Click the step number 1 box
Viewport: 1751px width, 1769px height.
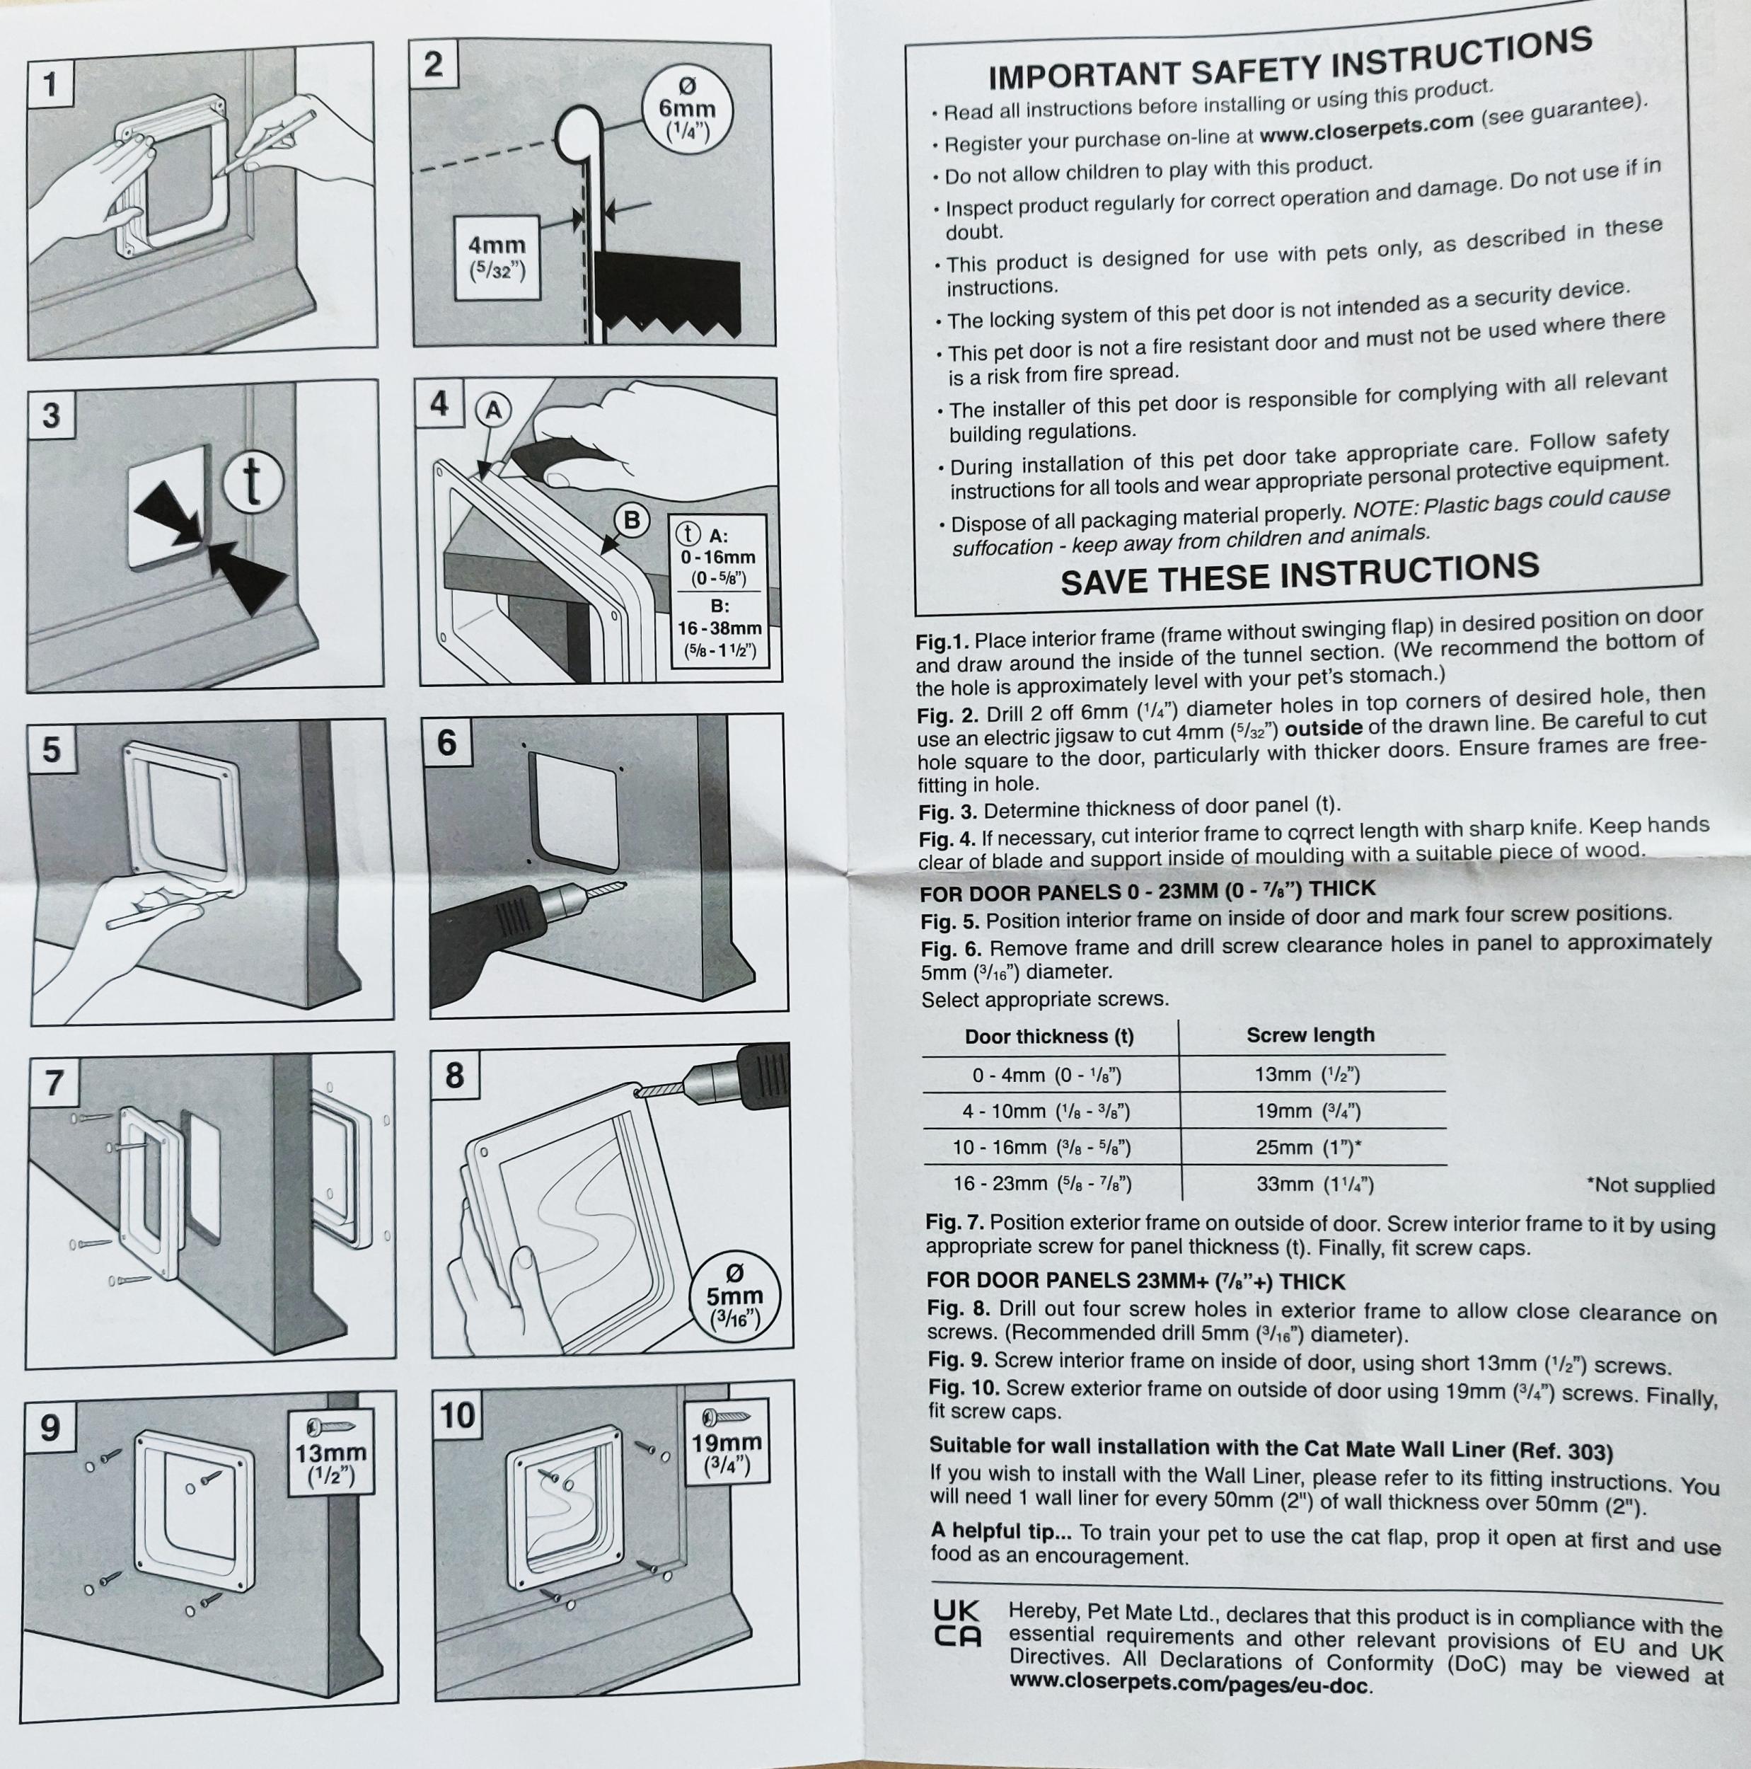(x=50, y=85)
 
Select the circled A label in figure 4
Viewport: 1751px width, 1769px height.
(x=493, y=411)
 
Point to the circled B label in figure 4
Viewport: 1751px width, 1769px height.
(x=630, y=520)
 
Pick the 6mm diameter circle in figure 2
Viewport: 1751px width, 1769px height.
(x=688, y=112)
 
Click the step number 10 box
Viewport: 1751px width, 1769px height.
(x=457, y=1414)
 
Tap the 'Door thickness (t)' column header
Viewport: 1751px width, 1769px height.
(x=1049, y=1037)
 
